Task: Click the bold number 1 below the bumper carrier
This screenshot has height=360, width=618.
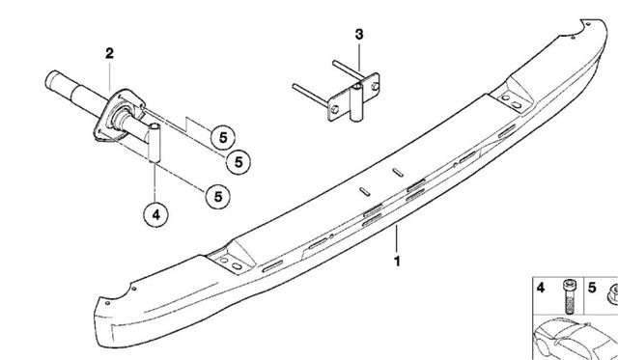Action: pyautogui.click(x=397, y=261)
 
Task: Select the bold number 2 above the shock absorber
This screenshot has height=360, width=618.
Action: pyautogui.click(x=109, y=53)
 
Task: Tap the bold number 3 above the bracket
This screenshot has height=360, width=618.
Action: pyautogui.click(x=359, y=35)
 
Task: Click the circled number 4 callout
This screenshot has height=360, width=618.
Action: pyautogui.click(x=156, y=215)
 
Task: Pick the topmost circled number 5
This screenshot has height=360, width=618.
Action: pyautogui.click(x=223, y=138)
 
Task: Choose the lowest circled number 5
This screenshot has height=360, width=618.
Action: pyautogui.click(x=218, y=197)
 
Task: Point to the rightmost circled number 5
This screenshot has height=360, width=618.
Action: pyautogui.click(x=239, y=162)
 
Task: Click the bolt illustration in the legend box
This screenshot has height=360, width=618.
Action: pyautogui.click(x=569, y=296)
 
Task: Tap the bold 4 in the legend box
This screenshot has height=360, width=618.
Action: pyautogui.click(x=541, y=288)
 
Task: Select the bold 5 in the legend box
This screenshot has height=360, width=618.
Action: pyautogui.click(x=592, y=288)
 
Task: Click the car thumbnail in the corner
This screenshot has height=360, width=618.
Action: pyautogui.click(x=576, y=339)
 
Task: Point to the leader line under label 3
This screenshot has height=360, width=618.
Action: pyautogui.click(x=359, y=57)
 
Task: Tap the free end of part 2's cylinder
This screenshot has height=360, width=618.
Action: pyautogui.click(x=50, y=79)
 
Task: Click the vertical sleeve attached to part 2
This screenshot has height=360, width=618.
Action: pyautogui.click(x=154, y=143)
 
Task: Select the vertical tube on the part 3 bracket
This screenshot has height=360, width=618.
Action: pyautogui.click(x=356, y=102)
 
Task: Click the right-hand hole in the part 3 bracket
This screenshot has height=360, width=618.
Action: pyautogui.click(x=375, y=86)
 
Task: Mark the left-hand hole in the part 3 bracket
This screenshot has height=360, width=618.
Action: pyautogui.click(x=335, y=109)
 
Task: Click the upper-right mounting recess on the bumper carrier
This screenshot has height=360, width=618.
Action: pyautogui.click(x=512, y=97)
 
